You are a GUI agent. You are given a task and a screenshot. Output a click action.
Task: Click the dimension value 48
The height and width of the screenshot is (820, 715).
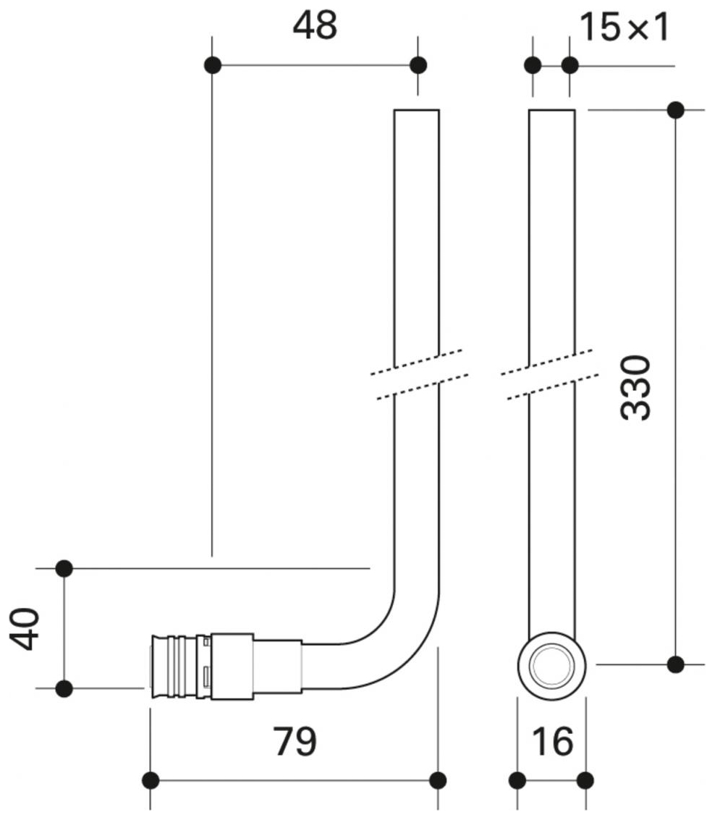pos(315,27)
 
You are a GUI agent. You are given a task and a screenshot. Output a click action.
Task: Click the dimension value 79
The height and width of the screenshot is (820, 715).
pos(295,742)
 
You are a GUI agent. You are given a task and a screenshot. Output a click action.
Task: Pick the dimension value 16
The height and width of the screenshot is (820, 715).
pos(552,742)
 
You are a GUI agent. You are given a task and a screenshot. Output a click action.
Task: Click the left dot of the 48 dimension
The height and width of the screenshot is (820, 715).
pos(212,65)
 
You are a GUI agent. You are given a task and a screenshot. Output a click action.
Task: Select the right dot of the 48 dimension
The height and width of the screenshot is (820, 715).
pos(418,65)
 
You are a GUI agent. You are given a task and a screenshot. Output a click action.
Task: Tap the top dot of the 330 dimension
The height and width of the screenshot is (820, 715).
pos(675,110)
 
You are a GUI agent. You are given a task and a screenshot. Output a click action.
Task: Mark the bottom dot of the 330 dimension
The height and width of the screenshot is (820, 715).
pos(675,664)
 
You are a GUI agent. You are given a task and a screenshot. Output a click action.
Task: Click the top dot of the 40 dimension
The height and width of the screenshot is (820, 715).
pos(64,569)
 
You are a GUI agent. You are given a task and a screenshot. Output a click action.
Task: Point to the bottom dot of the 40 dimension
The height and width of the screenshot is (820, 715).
pos(64,688)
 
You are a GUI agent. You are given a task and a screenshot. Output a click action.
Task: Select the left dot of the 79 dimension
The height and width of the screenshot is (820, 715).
pos(151,780)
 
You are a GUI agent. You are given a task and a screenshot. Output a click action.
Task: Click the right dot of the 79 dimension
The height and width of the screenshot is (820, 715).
pos(438,780)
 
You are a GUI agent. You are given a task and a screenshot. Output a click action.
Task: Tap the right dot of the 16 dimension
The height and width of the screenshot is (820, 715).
pos(586,780)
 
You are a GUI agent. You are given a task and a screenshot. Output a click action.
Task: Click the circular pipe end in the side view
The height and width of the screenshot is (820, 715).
pos(551,664)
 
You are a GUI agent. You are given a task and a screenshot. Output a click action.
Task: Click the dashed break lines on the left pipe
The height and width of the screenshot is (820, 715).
pos(418,374)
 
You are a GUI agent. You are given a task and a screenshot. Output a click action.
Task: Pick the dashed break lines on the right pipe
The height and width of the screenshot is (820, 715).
pos(550,374)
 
